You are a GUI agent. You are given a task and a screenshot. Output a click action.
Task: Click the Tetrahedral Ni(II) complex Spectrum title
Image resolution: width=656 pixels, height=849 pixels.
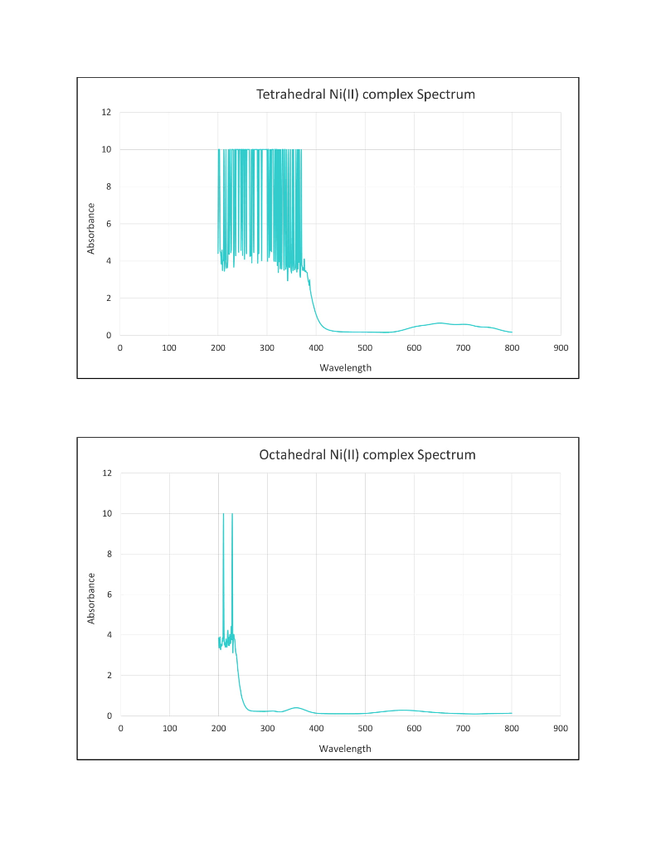click(x=366, y=95)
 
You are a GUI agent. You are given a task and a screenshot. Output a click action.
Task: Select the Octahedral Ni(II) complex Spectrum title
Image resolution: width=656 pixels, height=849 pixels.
click(x=367, y=454)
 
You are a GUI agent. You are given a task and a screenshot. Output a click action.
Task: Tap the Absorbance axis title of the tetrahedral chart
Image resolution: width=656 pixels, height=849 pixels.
click(x=91, y=228)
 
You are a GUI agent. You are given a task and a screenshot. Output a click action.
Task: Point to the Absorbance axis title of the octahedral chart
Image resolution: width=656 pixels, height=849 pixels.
click(x=91, y=598)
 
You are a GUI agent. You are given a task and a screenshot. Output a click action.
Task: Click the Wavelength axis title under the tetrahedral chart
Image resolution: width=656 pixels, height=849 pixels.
click(x=345, y=367)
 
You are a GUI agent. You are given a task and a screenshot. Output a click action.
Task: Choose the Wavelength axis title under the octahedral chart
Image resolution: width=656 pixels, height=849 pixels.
click(x=345, y=748)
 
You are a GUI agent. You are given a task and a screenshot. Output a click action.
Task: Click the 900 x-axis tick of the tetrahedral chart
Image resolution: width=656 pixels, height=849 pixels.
click(x=561, y=347)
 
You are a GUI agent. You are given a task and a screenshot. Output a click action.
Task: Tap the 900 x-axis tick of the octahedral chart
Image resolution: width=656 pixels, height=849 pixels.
click(x=561, y=728)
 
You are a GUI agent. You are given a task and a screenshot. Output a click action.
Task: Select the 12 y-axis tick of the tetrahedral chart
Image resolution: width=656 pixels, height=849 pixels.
click(x=106, y=112)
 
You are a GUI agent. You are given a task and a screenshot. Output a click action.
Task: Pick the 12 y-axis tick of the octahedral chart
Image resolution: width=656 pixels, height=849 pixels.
click(x=106, y=473)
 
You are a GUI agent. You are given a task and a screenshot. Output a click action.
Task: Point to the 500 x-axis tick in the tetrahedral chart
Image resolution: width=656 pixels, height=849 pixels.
click(x=365, y=347)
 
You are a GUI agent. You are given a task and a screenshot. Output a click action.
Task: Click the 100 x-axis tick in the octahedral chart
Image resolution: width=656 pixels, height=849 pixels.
click(x=169, y=728)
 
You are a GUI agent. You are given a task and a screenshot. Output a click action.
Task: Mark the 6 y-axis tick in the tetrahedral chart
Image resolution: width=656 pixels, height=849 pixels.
click(x=109, y=224)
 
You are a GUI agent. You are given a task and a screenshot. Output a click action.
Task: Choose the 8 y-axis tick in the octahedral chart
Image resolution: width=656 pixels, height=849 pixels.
click(x=109, y=554)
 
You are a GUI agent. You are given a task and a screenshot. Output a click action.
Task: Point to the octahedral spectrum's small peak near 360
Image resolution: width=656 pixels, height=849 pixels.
click(x=297, y=707)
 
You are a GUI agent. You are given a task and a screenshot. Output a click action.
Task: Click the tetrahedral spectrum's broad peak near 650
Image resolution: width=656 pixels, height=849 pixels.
click(x=439, y=323)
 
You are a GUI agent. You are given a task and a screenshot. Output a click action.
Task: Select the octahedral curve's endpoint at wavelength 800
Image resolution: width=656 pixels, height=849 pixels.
click(x=512, y=713)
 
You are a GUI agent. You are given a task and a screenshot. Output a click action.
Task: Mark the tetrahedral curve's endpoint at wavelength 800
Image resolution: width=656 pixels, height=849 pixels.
click(x=512, y=332)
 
